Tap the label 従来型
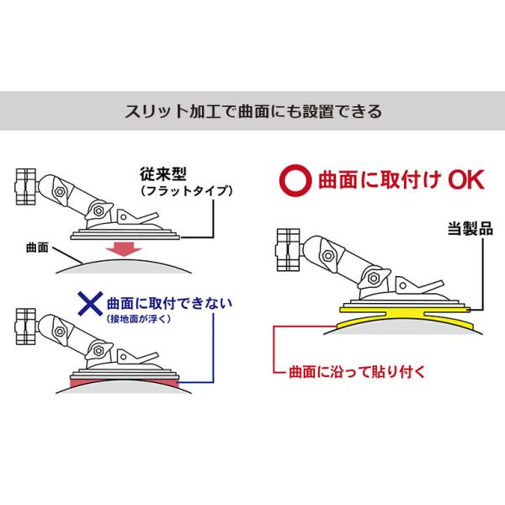(x=162, y=175)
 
